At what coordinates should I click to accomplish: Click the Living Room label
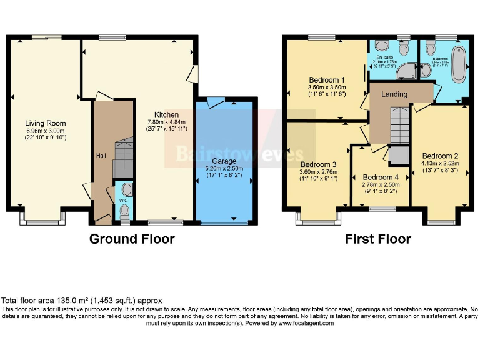coord(45,123)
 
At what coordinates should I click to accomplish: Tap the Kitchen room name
coord(167,114)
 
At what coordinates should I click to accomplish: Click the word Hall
coord(101,155)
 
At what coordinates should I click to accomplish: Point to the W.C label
coord(122,201)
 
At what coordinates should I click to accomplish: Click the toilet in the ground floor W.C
coord(127,189)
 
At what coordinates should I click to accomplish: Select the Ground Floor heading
coord(132,239)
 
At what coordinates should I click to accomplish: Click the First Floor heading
coord(377,239)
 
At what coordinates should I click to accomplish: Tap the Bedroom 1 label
coord(327,80)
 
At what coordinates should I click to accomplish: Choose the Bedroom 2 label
coord(440,156)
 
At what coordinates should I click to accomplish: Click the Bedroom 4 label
coord(380,177)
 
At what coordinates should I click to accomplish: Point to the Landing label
coord(394,94)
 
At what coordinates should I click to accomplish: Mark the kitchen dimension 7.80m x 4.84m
coord(167,122)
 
